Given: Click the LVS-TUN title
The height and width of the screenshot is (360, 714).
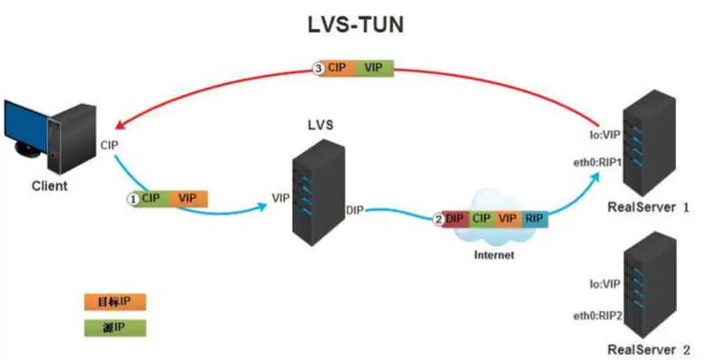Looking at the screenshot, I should pos(356,25).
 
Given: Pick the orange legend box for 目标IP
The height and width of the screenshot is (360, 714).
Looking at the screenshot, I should pos(114,301).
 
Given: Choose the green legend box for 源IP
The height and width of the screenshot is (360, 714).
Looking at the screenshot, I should pos(114,327).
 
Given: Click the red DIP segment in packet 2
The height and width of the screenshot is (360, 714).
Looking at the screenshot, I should pos(455,219).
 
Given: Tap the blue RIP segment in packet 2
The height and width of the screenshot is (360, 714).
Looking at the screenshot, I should pos(534,219).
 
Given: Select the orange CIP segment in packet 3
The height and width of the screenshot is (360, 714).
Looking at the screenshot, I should pos(336,68).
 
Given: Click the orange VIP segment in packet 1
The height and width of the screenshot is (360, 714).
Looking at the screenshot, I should pos(187,197).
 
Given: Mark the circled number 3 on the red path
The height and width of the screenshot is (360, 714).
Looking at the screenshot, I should pos(317,68).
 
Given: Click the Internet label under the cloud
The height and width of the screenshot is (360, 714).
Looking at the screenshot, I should pos(494,255).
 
